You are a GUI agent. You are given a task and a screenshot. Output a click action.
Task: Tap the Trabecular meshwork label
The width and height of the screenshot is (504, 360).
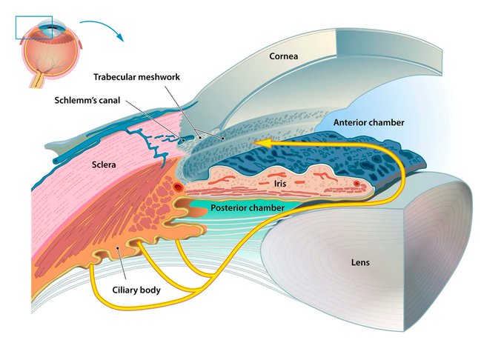[x=136, y=76]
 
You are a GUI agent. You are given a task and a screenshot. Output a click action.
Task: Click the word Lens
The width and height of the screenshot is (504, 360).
[x=360, y=262]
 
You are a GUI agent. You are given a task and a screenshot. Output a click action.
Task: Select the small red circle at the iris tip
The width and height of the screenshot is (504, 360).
[x=357, y=183]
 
